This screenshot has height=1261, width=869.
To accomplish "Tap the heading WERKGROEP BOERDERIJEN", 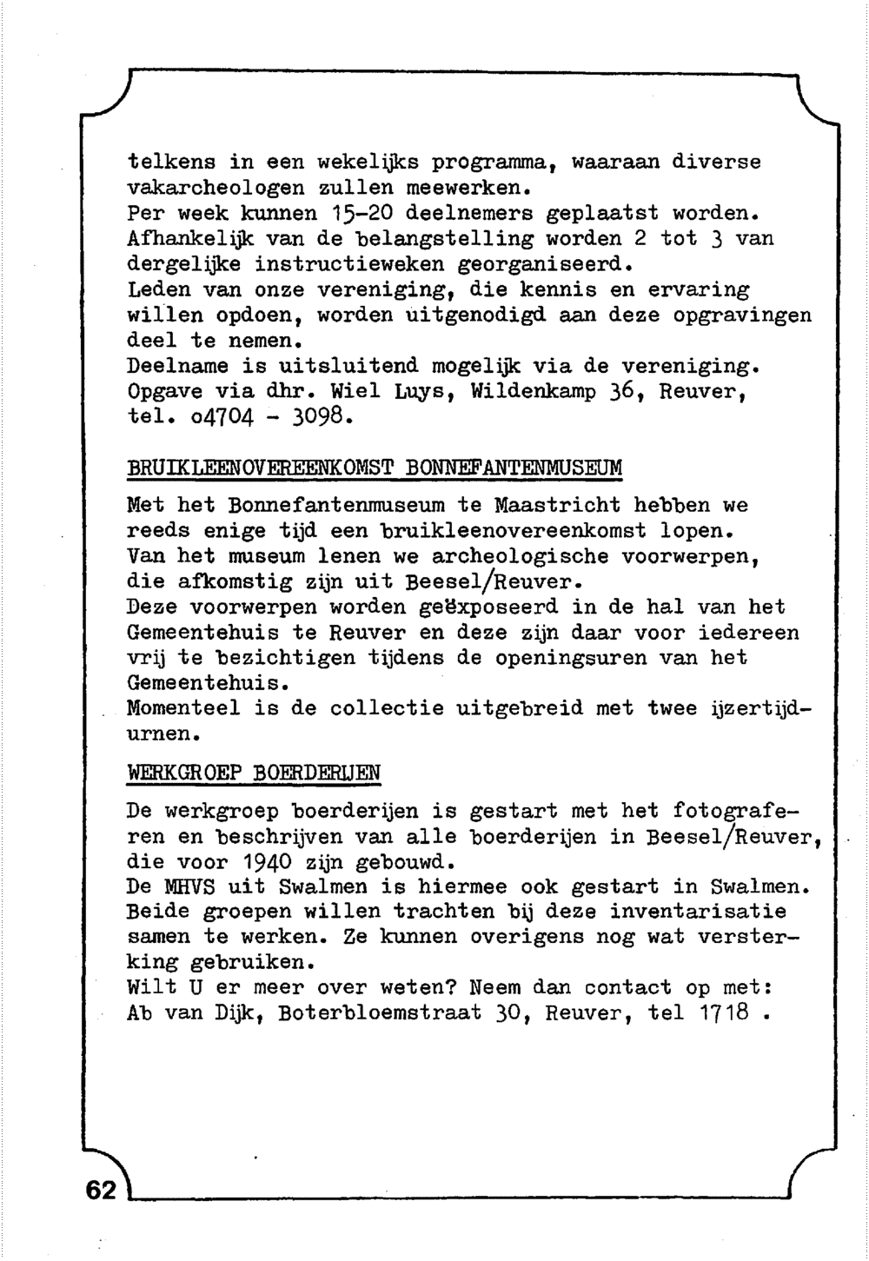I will (x=254, y=772).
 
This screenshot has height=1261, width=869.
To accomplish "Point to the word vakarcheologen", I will (x=216, y=188).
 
